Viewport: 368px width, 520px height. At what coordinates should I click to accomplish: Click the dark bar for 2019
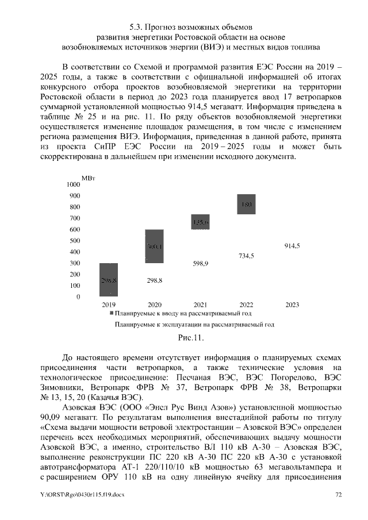pyautogui.click(x=109, y=280)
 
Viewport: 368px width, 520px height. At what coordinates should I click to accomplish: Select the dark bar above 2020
pyautogui.click(x=154, y=246)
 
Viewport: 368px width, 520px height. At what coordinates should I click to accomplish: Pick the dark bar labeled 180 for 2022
pyautogui.click(x=246, y=205)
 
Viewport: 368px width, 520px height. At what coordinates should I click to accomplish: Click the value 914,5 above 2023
pyautogui.click(x=292, y=245)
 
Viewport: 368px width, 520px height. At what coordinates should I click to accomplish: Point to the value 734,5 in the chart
pyautogui.click(x=246, y=256)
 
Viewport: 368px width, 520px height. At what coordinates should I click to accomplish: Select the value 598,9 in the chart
pyautogui.click(x=200, y=264)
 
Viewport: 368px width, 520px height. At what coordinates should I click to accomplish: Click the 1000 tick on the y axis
pyautogui.click(x=73, y=185)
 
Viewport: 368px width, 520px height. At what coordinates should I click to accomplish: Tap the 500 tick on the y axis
pyautogui.click(x=75, y=241)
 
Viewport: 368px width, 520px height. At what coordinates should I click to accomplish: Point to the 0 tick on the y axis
pyautogui.click(x=78, y=297)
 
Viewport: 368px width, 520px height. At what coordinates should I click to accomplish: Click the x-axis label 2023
pyautogui.click(x=292, y=305)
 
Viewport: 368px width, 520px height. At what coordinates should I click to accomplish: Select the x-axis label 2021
pyautogui.click(x=200, y=305)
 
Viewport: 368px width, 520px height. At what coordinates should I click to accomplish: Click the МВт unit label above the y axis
pyautogui.click(x=89, y=179)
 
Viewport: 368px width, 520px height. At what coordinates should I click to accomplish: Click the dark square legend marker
pyautogui.click(x=111, y=314)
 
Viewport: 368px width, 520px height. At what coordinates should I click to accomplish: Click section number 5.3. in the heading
pyautogui.click(x=136, y=27)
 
